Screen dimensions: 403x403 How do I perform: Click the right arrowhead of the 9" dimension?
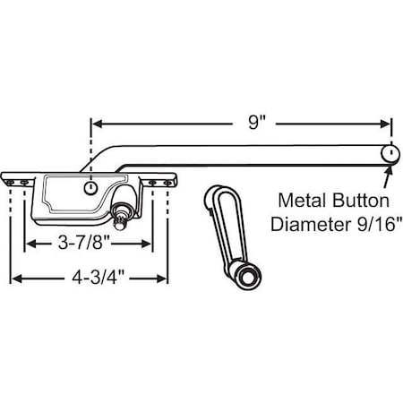(x=386, y=124)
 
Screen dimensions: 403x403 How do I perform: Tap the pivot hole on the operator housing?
(x=90, y=188)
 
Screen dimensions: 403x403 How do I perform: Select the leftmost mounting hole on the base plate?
(x=10, y=181)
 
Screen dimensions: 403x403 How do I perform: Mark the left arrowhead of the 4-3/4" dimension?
(x=14, y=279)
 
